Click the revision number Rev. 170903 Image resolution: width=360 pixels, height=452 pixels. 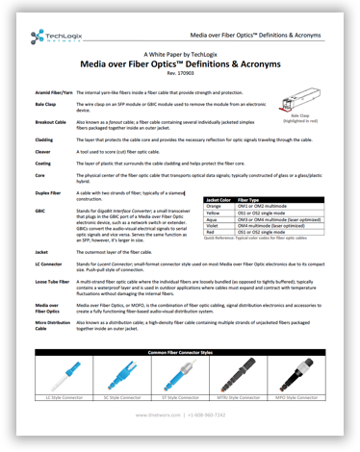coord(180,73)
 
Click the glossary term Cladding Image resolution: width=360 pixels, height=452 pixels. coord(44,138)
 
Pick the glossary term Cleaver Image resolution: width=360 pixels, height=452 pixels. coord(43,151)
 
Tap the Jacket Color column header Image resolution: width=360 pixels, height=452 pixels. coord(219,198)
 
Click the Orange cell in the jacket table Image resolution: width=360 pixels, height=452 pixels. coord(215,205)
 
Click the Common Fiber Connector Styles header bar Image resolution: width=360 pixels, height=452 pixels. coord(179,354)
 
